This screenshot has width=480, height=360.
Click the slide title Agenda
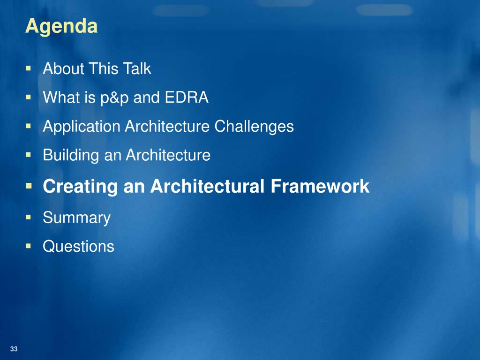tap(61, 27)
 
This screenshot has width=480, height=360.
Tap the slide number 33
tap(14, 349)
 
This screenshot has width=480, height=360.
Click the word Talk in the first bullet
tap(137, 68)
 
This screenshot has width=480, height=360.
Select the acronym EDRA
tap(187, 97)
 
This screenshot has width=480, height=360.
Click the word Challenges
tap(254, 127)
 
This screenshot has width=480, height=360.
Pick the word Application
tap(82, 127)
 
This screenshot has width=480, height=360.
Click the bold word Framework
tap(320, 186)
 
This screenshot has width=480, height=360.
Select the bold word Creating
tap(80, 187)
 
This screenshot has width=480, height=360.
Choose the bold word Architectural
tap(207, 186)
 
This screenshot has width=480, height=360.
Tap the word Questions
tap(78, 246)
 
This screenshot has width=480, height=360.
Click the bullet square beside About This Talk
tap(29, 68)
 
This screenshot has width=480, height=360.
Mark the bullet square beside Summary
tap(29, 217)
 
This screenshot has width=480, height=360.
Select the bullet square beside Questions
tap(29, 246)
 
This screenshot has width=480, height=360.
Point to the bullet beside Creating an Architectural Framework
tap(29, 186)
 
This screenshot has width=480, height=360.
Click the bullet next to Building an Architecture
tap(29, 155)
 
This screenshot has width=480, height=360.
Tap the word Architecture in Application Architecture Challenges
tap(167, 126)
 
